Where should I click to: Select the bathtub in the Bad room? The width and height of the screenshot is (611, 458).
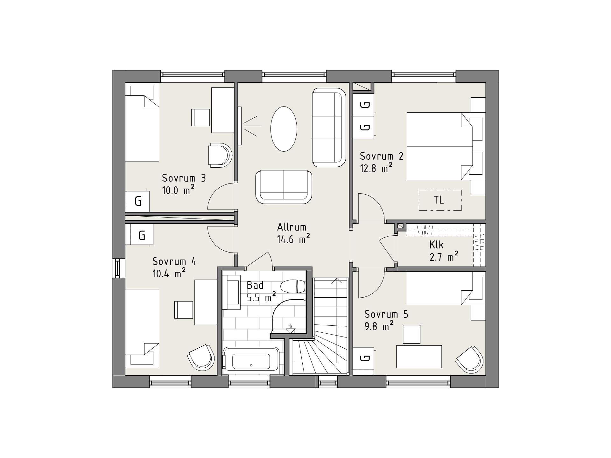[x=251, y=361]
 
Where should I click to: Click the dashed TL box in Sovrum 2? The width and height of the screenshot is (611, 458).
[x=440, y=200]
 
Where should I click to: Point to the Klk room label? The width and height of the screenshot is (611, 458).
[x=436, y=245]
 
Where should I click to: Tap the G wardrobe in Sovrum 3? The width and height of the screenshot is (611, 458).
[x=138, y=201]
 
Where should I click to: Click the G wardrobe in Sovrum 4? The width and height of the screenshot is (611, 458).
[x=142, y=235]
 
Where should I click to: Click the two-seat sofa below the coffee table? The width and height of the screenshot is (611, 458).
[x=284, y=187]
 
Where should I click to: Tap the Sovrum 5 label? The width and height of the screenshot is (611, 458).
[x=386, y=314]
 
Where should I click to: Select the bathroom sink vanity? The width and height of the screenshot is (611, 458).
[x=231, y=292]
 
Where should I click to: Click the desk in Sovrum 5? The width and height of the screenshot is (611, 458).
[x=419, y=357]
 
